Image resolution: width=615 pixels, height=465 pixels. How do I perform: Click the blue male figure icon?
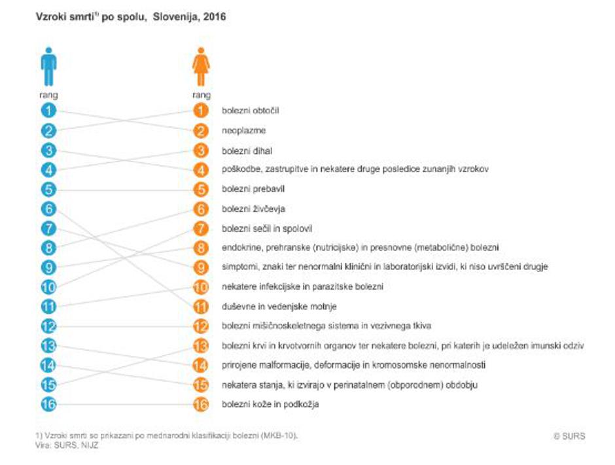49,66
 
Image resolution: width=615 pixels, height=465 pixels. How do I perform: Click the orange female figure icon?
202,66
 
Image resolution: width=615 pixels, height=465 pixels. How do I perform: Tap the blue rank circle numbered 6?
48,209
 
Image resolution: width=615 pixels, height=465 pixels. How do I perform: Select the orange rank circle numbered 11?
202,306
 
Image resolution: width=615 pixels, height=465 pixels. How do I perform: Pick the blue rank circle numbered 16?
48,404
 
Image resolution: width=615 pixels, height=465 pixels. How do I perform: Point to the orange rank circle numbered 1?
202,111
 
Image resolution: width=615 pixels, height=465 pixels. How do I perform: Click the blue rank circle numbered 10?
48,286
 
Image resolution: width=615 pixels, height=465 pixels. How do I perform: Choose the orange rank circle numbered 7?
202,228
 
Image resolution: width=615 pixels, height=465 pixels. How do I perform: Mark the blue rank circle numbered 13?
48,345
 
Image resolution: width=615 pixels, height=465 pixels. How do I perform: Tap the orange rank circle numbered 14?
202,365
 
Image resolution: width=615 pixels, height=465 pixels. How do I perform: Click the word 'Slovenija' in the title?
175,18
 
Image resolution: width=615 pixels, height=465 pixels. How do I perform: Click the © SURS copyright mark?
569,436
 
